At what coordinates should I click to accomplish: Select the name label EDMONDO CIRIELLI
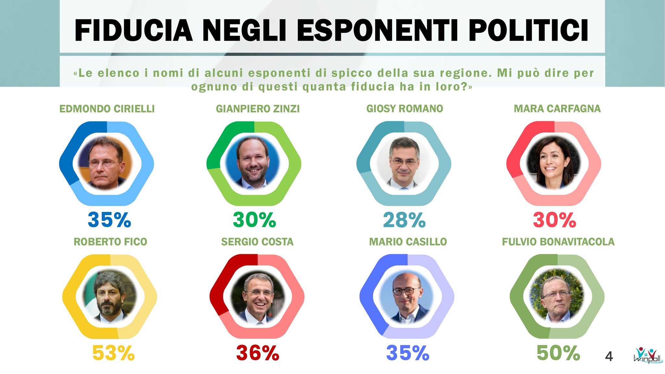tap(107, 109)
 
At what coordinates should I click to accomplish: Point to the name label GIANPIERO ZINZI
tap(257, 109)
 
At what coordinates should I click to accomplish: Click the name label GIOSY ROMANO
tap(405, 109)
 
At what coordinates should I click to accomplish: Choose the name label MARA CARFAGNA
tap(557, 109)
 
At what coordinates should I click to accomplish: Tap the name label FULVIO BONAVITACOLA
tap(558, 242)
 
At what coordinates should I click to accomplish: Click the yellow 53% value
tap(113, 353)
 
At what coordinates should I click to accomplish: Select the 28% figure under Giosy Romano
tap(404, 220)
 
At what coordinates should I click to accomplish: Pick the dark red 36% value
tap(257, 353)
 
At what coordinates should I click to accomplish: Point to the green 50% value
tap(558, 353)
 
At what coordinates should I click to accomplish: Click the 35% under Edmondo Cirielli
tap(109, 220)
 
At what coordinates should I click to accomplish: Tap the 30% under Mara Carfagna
tap(554, 220)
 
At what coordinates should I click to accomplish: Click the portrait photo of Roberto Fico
tap(110, 296)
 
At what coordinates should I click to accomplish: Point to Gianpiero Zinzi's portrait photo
tap(252, 163)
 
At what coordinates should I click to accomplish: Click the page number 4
tap(609, 356)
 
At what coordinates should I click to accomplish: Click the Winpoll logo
tap(647, 355)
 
